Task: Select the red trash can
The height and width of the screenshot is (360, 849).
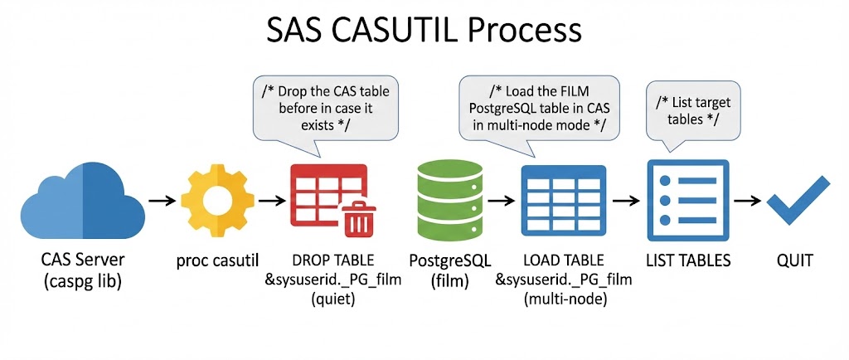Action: pos(357,218)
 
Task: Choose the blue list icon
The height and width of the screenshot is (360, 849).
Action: pos(687,198)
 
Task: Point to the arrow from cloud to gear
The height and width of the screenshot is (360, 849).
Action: pos(161,201)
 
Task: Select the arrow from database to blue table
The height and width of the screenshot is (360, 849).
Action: pos(500,201)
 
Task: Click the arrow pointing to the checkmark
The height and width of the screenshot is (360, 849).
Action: pos(750,201)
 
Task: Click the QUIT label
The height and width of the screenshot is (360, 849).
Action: pos(794,260)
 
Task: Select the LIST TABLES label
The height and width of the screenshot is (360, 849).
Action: pos(688,260)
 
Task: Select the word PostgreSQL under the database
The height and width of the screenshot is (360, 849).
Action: pos(448,260)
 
